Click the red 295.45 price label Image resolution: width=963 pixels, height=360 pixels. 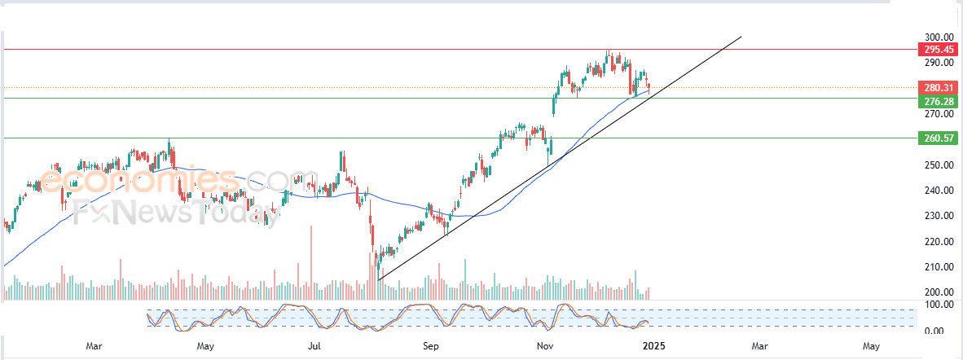coord(939,49)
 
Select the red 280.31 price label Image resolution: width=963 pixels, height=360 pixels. coord(939,87)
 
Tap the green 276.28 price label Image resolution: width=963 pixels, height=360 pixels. coord(939,101)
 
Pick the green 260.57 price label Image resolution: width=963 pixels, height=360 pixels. coord(939,138)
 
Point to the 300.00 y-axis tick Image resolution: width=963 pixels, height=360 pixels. coord(939,37)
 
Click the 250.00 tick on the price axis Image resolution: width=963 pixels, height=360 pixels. coord(939,165)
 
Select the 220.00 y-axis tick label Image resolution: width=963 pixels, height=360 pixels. coord(939,241)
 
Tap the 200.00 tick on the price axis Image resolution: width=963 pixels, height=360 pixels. coord(939,292)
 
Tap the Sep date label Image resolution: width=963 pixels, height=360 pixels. coord(431,347)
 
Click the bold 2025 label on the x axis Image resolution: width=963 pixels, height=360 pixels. coord(654,347)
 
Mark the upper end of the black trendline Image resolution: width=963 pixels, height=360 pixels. coord(741,36)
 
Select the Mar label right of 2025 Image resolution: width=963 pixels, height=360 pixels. coord(759,347)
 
